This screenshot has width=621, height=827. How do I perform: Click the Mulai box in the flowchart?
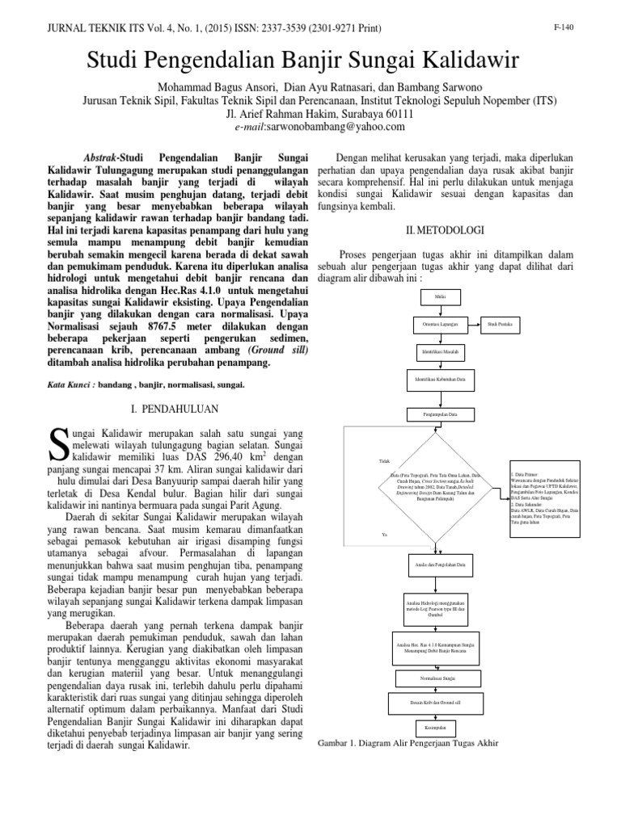pyautogui.click(x=441, y=297)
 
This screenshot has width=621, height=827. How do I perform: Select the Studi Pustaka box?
pyautogui.click(x=502, y=325)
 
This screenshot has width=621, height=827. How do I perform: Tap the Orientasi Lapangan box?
pyautogui.click(x=441, y=325)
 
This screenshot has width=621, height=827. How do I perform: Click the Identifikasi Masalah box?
pyautogui.click(x=441, y=352)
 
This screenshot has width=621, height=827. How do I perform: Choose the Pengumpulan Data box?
pyautogui.click(x=441, y=414)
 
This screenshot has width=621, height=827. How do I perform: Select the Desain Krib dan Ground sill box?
pyautogui.click(x=441, y=703)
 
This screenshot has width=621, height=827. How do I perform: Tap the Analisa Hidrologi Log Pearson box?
pyautogui.click(x=441, y=609)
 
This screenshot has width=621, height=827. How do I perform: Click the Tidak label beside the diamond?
pyautogui.click(x=384, y=461)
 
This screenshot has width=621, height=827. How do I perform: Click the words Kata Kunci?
pyautogui.click(x=66, y=386)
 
